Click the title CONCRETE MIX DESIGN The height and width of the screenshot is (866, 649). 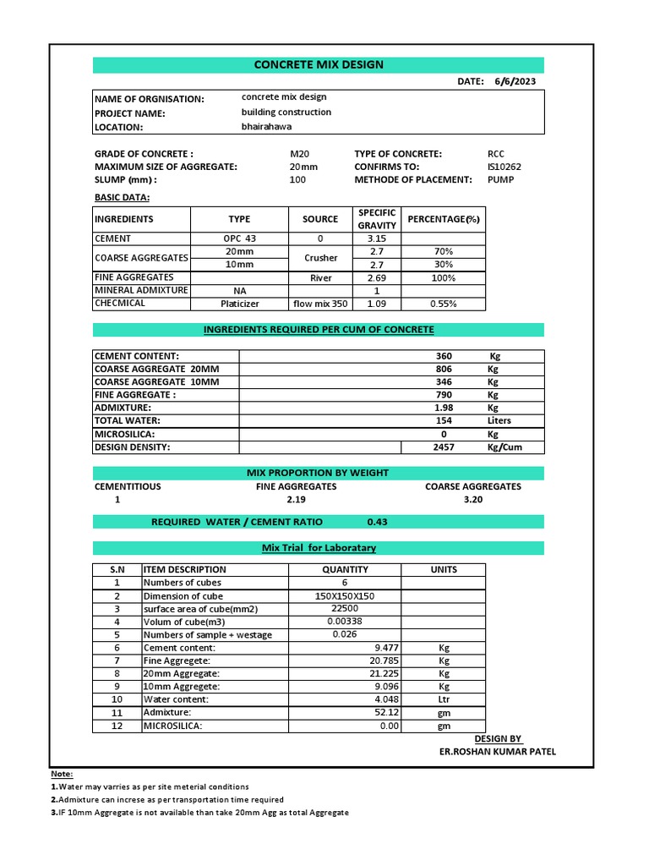(x=319, y=64)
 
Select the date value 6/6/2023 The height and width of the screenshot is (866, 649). (x=515, y=81)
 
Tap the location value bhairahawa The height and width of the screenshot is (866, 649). (x=266, y=126)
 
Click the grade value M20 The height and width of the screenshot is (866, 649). (x=300, y=154)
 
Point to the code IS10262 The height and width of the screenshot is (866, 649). (x=504, y=167)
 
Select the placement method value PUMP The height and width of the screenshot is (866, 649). (x=500, y=179)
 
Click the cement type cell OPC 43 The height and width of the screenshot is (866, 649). (x=239, y=238)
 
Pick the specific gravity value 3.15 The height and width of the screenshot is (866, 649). (x=376, y=238)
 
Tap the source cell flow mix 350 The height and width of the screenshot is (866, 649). (x=320, y=303)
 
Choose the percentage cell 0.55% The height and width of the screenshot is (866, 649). (x=443, y=303)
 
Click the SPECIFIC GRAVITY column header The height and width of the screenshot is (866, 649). (x=376, y=219)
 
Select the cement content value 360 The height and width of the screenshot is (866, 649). (x=443, y=356)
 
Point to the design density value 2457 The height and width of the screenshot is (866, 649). (x=443, y=447)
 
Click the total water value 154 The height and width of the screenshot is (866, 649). (x=443, y=420)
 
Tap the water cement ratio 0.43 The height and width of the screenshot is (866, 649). (x=378, y=522)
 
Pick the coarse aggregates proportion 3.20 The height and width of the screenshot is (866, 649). (x=472, y=500)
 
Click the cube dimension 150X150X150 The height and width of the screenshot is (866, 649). (x=345, y=596)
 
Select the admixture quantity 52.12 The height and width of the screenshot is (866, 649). (x=385, y=713)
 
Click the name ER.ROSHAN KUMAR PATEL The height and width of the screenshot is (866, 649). (x=498, y=752)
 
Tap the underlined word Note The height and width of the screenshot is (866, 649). (x=62, y=774)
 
